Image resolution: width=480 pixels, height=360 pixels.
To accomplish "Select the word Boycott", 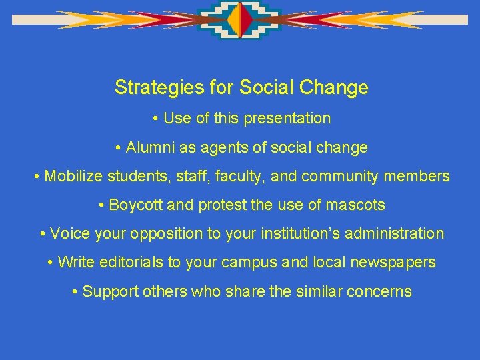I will coord(136,205).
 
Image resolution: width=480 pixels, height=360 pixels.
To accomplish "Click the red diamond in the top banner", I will coord(247,21).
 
